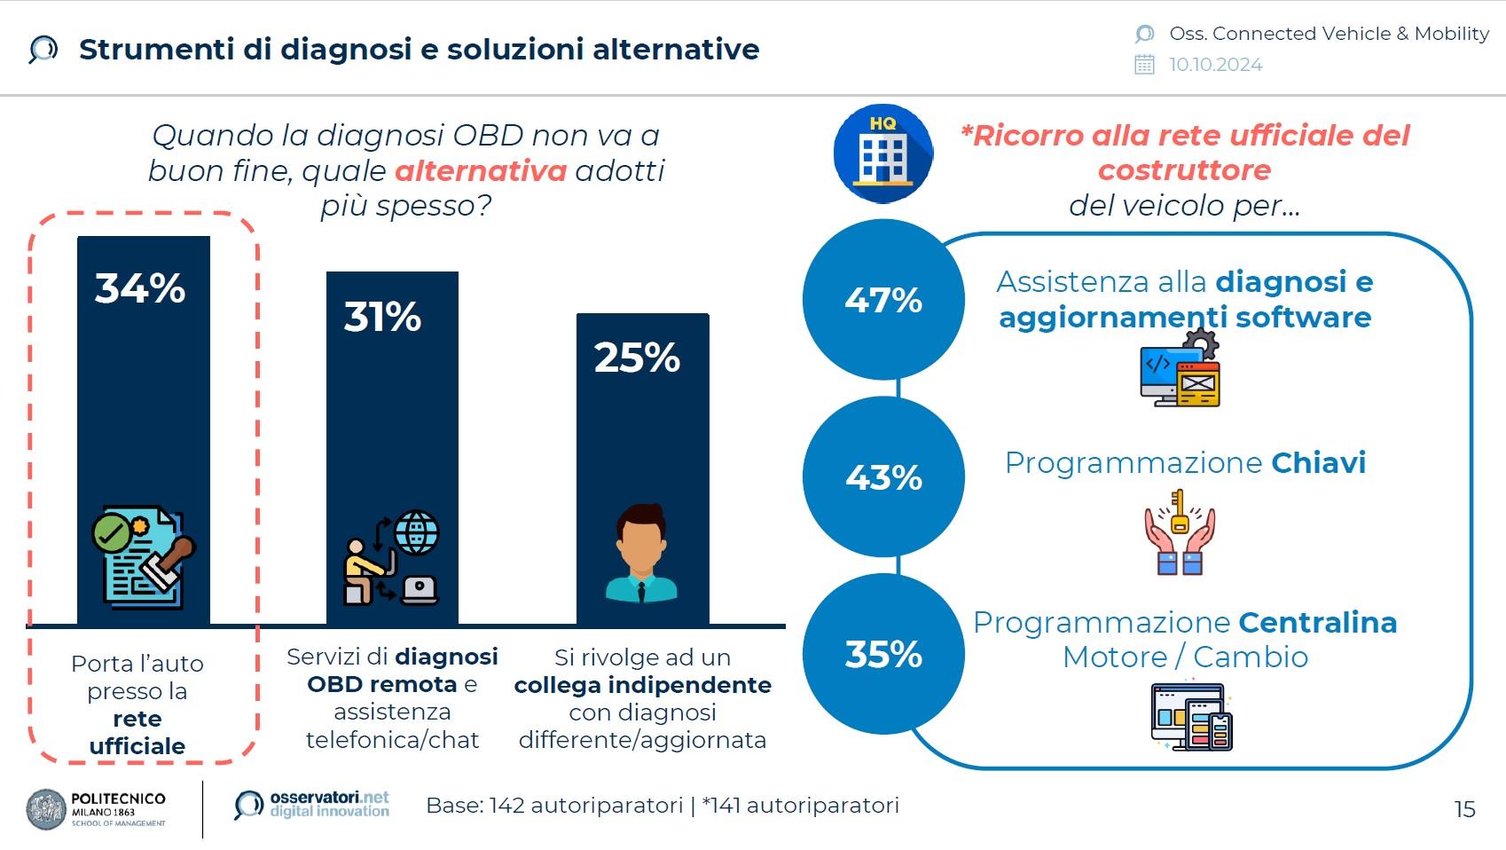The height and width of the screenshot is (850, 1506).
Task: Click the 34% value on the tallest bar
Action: [140, 288]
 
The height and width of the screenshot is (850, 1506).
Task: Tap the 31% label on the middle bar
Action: [382, 317]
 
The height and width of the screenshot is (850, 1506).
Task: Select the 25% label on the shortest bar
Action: [637, 357]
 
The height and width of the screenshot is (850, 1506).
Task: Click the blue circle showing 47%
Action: [883, 299]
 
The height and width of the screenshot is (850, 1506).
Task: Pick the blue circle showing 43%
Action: [883, 476]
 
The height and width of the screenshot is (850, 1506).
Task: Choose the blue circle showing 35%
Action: [883, 654]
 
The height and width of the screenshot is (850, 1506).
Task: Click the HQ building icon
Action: [882, 153]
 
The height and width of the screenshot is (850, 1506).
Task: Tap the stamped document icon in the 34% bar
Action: [143, 557]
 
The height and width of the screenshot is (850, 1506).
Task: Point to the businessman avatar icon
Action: [641, 553]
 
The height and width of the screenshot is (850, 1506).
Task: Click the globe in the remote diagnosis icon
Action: [417, 532]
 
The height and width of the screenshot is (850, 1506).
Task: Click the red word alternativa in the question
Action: [481, 171]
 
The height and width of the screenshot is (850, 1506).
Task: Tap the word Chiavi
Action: [1319, 462]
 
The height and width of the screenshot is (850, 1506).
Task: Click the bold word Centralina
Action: [1318, 623]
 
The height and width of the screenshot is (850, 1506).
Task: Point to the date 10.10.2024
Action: [1216, 65]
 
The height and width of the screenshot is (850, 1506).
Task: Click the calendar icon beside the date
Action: [1144, 65]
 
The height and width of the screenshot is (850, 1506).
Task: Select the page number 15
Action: [1464, 809]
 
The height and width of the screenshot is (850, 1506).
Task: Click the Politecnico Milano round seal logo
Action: [46, 809]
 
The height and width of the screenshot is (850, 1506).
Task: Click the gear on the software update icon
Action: [1201, 344]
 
